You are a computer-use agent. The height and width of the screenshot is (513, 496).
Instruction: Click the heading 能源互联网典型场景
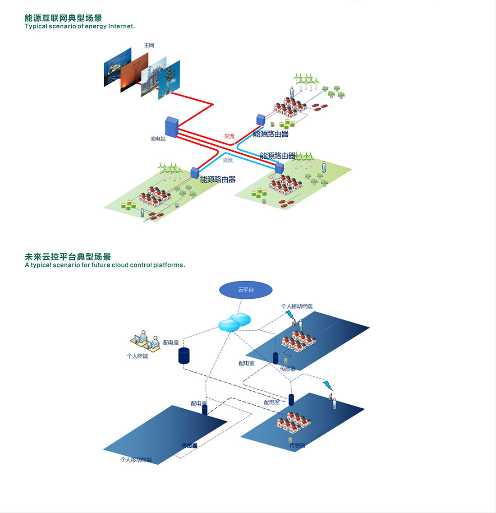click(x=63, y=18)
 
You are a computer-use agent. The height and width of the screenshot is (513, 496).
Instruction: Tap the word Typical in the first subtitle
click(x=36, y=27)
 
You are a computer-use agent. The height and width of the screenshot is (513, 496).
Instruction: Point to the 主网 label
click(x=149, y=46)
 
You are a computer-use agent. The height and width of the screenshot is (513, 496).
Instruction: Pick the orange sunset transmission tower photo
click(x=134, y=72)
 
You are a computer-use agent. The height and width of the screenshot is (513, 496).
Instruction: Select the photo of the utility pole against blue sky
click(x=169, y=79)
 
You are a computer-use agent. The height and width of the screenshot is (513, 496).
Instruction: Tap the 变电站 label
click(x=158, y=139)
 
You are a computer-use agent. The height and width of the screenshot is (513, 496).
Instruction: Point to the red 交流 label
click(x=229, y=136)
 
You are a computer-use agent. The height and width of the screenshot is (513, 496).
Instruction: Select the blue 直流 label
click(x=228, y=160)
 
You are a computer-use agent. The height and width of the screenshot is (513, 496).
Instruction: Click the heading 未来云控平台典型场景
click(x=68, y=257)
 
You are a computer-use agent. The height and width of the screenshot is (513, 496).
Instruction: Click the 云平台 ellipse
click(x=246, y=290)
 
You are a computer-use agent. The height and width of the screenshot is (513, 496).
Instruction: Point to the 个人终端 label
click(x=137, y=356)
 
